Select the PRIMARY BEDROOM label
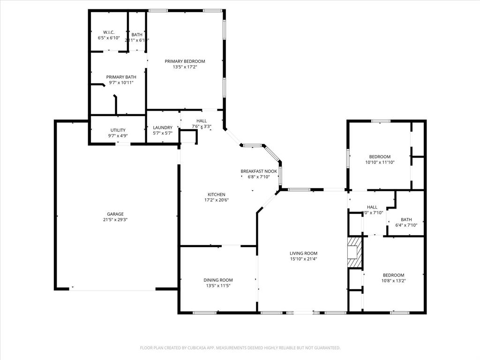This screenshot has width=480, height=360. click(x=185, y=61)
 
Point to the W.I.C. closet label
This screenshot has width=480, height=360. click(x=109, y=32)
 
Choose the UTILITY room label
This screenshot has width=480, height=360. click(x=118, y=130)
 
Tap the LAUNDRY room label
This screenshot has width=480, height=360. click(x=163, y=127)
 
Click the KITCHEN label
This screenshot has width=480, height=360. click(x=217, y=195)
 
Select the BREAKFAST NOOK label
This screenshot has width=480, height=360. click(x=255, y=172)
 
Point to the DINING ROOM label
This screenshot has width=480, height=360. click(x=218, y=280)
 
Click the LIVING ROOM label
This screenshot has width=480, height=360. click(x=303, y=253)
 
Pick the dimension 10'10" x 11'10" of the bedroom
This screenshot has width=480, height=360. click(x=380, y=163)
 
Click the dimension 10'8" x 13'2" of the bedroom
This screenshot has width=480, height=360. click(x=393, y=281)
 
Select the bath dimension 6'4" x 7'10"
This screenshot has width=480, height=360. click(x=406, y=225)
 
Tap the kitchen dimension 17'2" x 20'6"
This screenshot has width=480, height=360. click(x=217, y=200)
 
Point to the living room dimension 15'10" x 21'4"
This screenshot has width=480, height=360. click(x=303, y=259)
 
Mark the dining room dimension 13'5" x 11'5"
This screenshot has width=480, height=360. click(x=218, y=286)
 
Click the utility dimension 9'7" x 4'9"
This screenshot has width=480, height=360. click(x=118, y=136)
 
